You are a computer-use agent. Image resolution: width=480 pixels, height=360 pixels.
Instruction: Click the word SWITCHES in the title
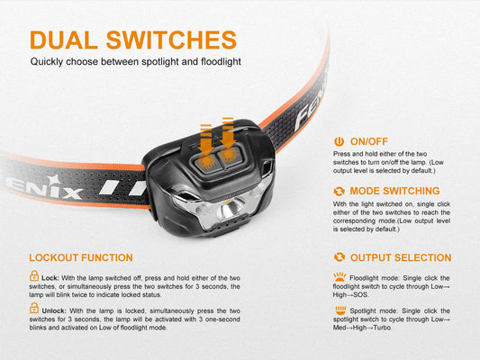coord(171,40)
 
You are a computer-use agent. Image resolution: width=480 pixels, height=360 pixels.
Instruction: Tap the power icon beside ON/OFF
coord(339,141)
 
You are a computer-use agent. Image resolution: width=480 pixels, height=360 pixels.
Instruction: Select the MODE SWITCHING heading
coord(394,191)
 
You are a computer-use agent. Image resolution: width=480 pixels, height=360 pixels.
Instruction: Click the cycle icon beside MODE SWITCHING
coord(340,191)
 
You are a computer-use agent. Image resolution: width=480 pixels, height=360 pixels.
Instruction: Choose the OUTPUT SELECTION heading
coord(401,257)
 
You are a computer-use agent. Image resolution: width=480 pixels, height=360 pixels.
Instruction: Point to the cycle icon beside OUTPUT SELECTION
coord(340,257)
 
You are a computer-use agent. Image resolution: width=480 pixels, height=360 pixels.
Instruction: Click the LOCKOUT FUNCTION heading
coord(81,257)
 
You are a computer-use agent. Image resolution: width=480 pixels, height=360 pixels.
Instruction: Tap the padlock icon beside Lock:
coord(34,275)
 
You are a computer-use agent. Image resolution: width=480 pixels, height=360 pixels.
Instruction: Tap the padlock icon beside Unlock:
coord(34,308)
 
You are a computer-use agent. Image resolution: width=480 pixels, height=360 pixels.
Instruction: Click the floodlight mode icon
coord(340,276)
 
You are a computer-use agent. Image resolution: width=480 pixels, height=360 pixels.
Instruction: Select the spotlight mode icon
coord(340,310)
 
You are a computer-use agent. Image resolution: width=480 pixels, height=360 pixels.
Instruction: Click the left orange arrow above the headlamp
coord(206,139)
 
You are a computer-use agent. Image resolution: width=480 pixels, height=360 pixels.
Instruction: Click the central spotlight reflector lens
coord(231,210)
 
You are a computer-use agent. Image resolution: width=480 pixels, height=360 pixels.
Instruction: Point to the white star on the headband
coord(52,180)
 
